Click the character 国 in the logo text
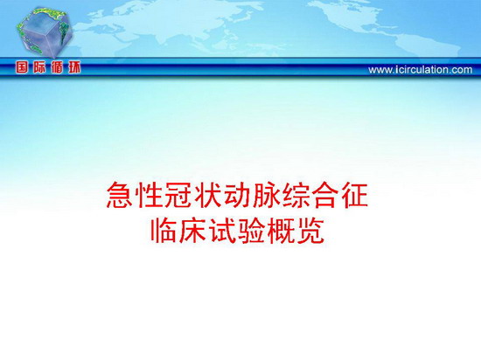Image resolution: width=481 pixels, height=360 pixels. (22, 67)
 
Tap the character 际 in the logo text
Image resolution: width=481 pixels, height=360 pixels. (39, 67)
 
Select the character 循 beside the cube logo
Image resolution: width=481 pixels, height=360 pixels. (57, 67)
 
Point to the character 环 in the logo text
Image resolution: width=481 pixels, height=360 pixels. (74, 67)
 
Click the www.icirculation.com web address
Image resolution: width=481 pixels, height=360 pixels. (421, 70)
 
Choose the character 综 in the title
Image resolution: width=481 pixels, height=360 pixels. (296, 195)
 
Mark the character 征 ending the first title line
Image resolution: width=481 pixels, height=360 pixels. (355, 195)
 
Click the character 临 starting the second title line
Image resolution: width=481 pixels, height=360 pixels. (164, 231)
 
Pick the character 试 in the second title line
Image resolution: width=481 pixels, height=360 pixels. (223, 231)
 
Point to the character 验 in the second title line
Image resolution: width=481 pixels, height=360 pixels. (252, 231)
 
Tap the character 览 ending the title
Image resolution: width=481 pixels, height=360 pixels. (311, 231)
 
